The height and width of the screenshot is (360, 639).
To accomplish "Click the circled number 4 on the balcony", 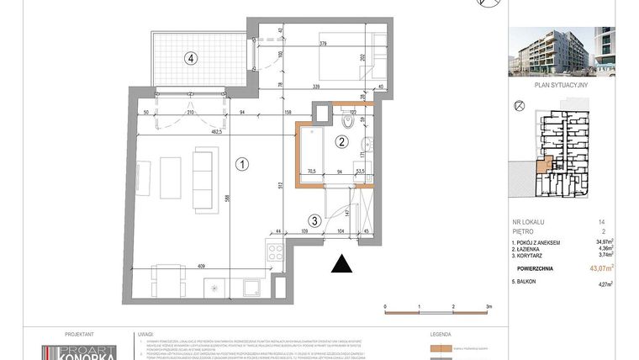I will coord(193,59).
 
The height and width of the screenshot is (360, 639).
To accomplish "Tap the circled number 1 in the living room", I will coord(241,164).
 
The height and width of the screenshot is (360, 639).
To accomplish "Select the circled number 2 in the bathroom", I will coord(342,142).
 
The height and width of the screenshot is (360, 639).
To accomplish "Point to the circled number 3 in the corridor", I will coord(313,221).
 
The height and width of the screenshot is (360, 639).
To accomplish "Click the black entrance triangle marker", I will coord(341,265).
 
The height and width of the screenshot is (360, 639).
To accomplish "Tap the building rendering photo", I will coord(562,50).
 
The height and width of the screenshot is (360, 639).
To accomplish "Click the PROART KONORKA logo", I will coord(80,352).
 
